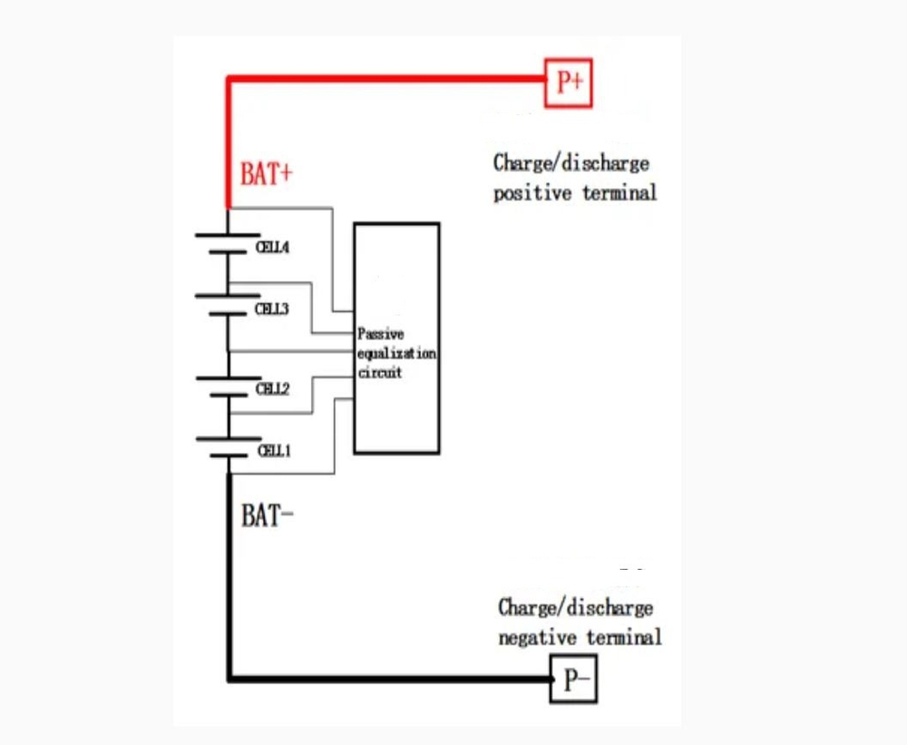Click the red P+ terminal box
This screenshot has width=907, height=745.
pos(568,83)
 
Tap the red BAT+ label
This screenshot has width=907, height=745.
pos(267,173)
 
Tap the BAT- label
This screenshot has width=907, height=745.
pos(268,515)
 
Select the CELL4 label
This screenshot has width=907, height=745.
pos(272,247)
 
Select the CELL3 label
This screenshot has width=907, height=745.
pos(271,309)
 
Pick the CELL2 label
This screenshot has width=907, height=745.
pos(272,388)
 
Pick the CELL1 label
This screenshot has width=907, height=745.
pos(274,449)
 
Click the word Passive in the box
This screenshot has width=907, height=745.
pos(381,334)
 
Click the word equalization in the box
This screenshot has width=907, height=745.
pos(396,353)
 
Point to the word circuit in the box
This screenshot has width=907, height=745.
pos(379,372)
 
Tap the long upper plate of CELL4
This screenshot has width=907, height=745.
pos(227,235)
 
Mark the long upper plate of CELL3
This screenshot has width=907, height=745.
pos(227,296)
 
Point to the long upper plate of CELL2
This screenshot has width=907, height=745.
pos(227,377)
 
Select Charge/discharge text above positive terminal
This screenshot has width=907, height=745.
pos(571,163)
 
